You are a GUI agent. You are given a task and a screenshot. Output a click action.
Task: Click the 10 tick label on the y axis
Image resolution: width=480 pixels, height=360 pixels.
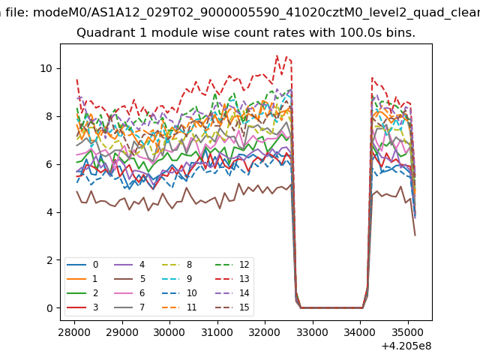click(47, 68)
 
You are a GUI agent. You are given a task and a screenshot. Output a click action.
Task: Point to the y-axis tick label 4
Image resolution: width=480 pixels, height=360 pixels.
click(50, 212)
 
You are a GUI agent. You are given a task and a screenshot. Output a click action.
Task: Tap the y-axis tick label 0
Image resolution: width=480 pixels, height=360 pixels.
click(50, 308)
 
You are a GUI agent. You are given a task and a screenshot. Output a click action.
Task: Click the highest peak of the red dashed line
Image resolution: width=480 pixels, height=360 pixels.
click(277, 55)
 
